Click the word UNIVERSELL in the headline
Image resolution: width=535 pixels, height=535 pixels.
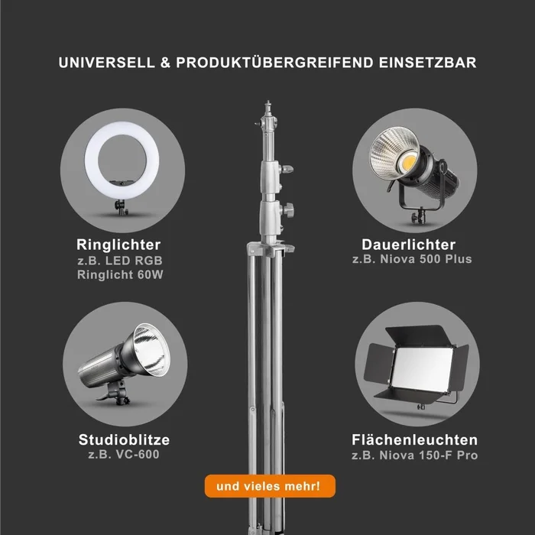(x=107, y=63)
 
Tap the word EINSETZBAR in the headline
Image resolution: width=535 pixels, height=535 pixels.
(x=427, y=63)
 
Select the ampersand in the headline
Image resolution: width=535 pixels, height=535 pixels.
(x=165, y=63)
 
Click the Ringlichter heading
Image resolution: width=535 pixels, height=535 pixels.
(x=118, y=245)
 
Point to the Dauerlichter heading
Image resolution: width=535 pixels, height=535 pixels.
(x=409, y=245)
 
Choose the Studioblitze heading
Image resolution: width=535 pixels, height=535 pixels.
(x=124, y=439)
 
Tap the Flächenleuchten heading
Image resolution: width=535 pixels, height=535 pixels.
(x=415, y=439)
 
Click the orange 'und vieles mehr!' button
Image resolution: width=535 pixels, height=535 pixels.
(x=270, y=486)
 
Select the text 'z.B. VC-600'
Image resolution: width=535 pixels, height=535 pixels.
(x=124, y=455)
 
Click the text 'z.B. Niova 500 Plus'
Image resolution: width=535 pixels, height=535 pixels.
(x=412, y=259)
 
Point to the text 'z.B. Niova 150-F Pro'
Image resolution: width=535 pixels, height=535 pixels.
(x=415, y=456)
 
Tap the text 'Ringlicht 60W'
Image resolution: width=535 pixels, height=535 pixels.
(x=120, y=274)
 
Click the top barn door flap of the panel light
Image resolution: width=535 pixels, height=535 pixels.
(x=415, y=336)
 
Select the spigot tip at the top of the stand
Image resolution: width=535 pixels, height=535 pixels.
(x=268, y=103)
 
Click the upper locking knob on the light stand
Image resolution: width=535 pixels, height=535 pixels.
(x=287, y=169)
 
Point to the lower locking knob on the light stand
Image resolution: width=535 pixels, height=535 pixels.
(x=288, y=209)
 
